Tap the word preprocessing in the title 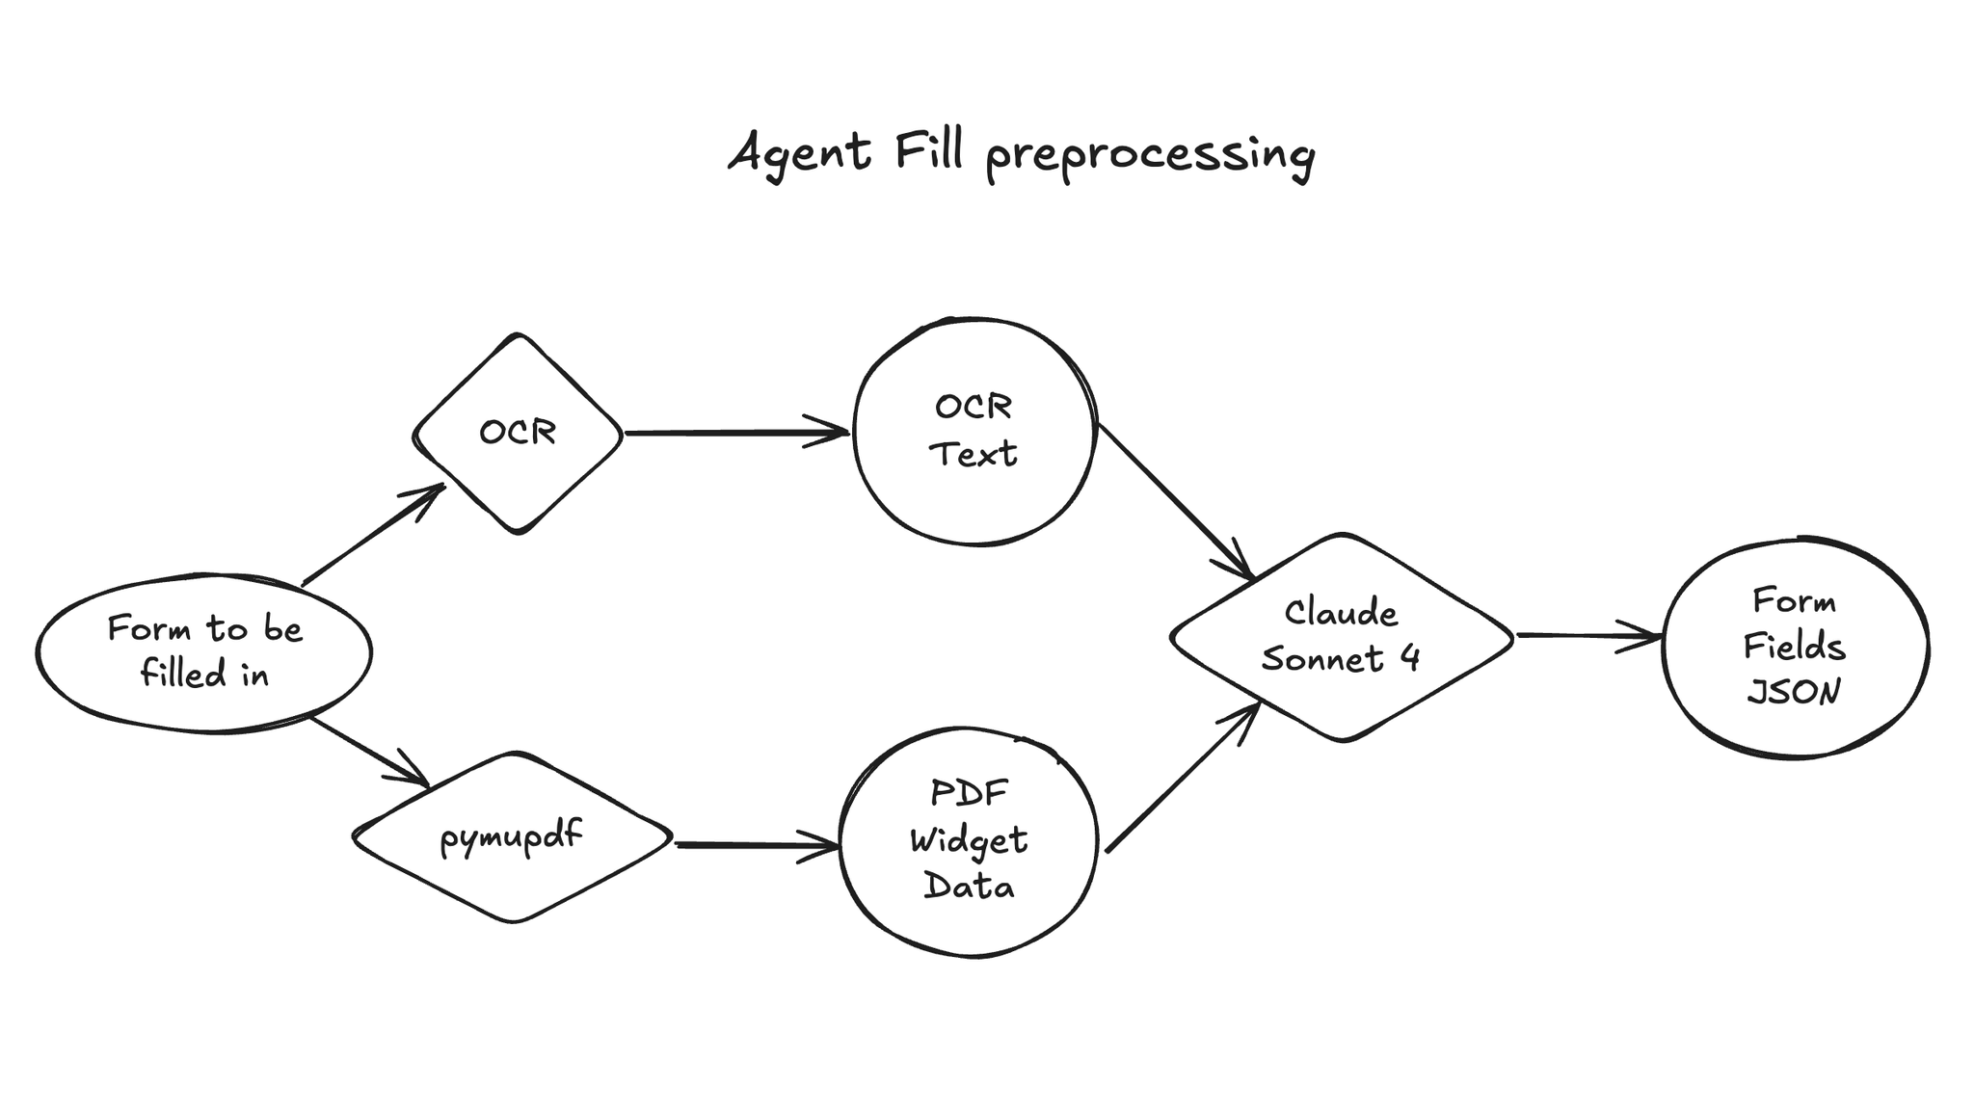coord(1150,157)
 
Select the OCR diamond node coord(518,433)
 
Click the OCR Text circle coord(974,431)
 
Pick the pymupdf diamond coord(512,836)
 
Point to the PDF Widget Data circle coord(969,840)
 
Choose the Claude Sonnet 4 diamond coord(1341,636)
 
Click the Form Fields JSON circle coord(1795,647)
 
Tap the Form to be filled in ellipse coord(204,651)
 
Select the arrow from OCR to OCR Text coord(736,433)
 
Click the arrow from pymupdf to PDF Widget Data coord(757,845)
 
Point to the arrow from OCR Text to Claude coord(1176,501)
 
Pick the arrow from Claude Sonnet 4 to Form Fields coord(1588,636)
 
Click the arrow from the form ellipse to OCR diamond coord(373,535)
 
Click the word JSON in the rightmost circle coord(1794,692)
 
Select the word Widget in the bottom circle coord(969,840)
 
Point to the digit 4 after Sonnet coord(1409,658)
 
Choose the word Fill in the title coord(928,152)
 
